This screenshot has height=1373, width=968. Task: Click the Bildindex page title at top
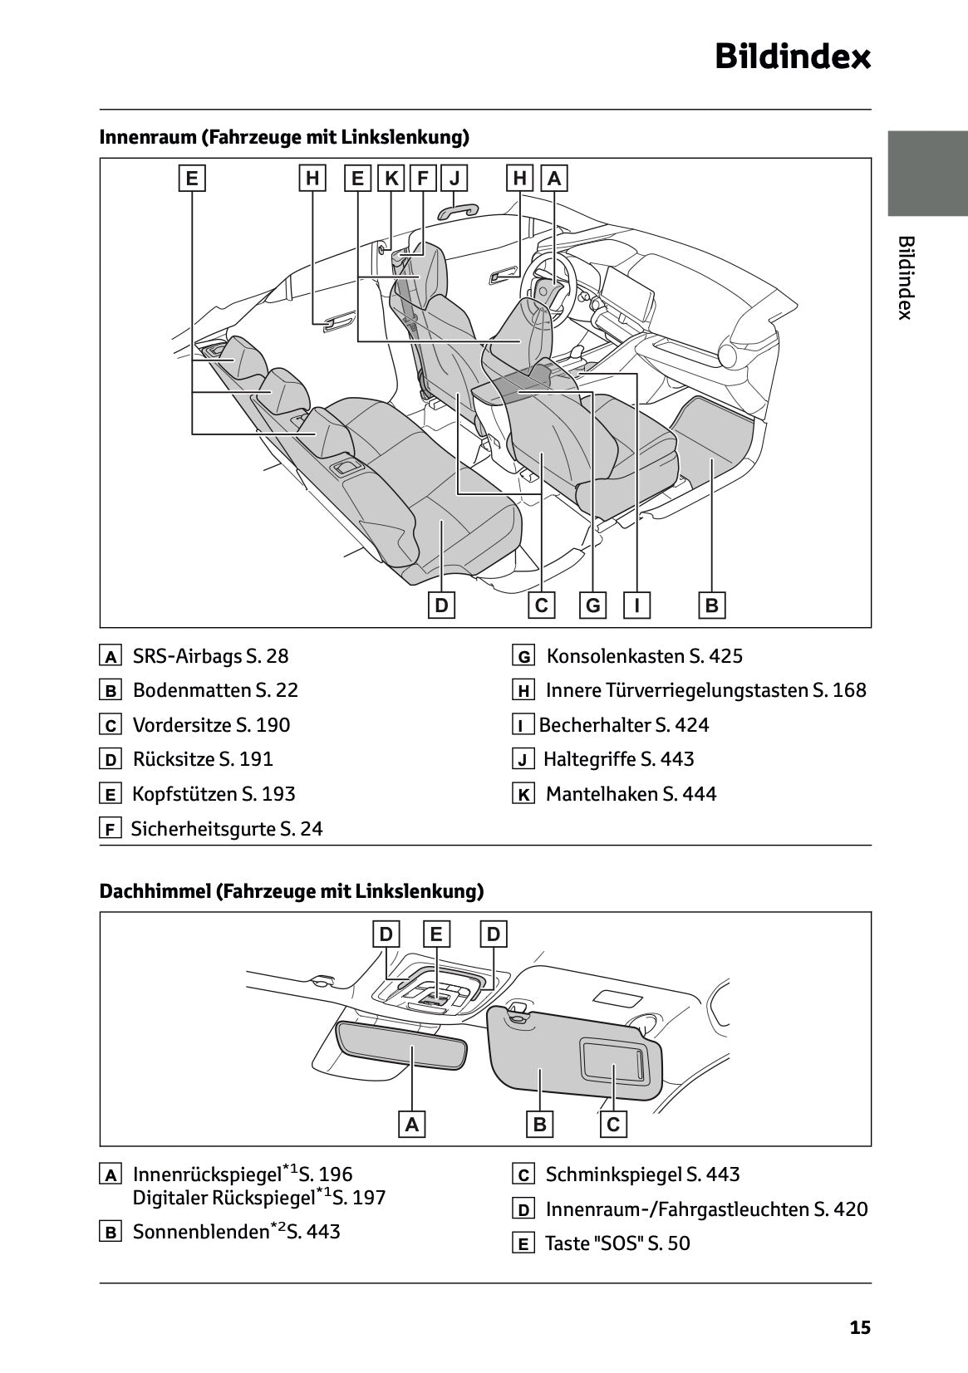[793, 58]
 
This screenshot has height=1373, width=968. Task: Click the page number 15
[860, 1327]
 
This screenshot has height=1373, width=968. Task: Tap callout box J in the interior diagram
[455, 178]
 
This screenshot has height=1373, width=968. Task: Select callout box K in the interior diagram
[391, 178]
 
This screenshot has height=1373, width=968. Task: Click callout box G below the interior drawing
[592, 606]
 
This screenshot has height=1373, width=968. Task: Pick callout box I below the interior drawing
[636, 606]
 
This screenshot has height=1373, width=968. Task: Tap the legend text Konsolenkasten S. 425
[644, 656]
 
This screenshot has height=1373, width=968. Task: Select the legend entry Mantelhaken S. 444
[631, 794]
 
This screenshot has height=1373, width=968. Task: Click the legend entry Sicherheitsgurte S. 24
[227, 828]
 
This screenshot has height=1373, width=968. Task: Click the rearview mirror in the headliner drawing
[402, 1048]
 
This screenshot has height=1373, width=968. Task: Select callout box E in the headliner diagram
[436, 934]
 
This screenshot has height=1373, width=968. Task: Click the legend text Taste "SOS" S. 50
[617, 1243]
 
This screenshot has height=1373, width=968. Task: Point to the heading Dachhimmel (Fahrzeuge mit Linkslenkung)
[291, 891]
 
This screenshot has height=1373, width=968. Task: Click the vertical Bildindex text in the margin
[906, 277]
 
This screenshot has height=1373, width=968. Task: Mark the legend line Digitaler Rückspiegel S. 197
[259, 1198]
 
